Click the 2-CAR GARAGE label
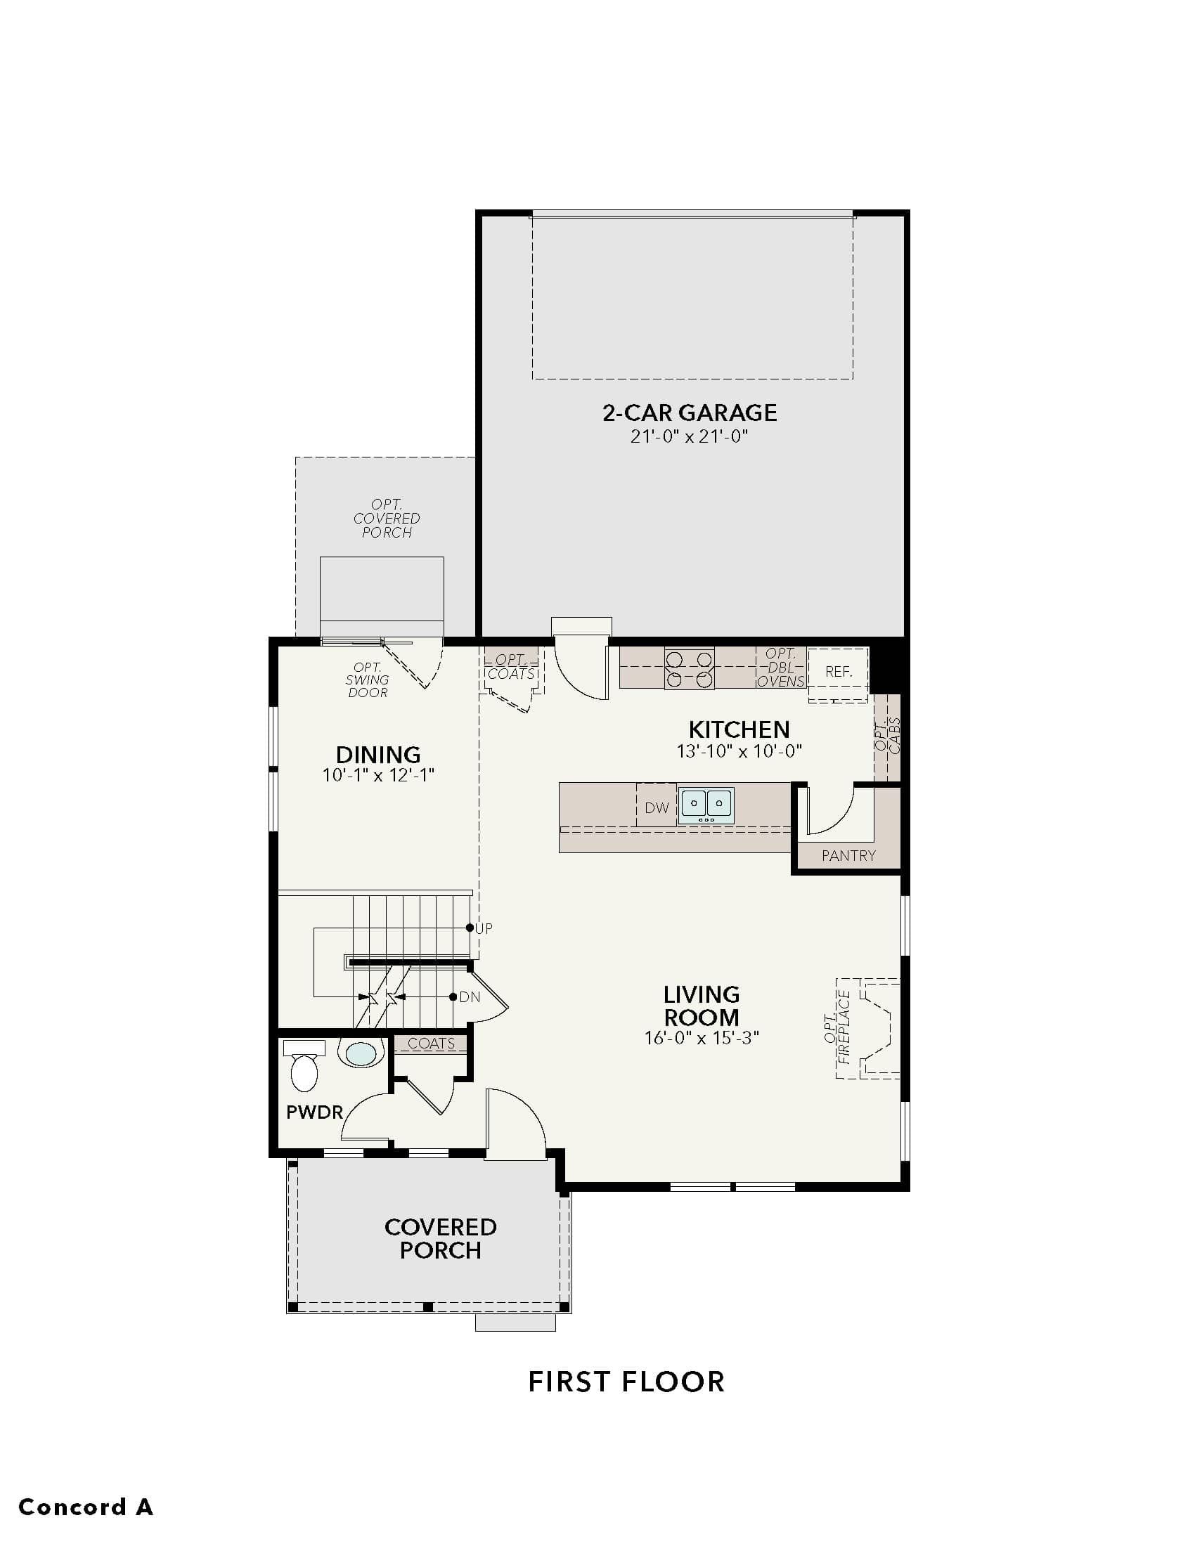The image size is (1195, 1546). [x=690, y=412]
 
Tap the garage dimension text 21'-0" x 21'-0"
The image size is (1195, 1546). [x=690, y=436]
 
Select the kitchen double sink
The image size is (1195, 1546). [x=706, y=805]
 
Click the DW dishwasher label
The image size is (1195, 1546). [x=657, y=807]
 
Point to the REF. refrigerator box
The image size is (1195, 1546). [x=838, y=672]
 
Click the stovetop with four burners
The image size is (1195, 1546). [x=689, y=669]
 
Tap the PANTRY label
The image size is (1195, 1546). [x=849, y=855]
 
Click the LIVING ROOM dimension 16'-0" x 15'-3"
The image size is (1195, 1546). [x=702, y=1038]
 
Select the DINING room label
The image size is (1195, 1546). [x=378, y=754]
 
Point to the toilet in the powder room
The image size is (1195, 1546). [x=304, y=1065]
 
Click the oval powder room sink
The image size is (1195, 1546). [x=361, y=1053]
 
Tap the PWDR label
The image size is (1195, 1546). [x=314, y=1112]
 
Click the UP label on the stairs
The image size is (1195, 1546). [x=484, y=928]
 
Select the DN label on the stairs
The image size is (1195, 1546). [x=470, y=996]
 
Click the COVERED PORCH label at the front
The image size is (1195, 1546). [x=440, y=1239]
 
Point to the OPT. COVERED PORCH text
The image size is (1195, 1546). [x=387, y=518]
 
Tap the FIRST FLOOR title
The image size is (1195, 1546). [x=626, y=1382]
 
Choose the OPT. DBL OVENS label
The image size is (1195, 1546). [x=781, y=668]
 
